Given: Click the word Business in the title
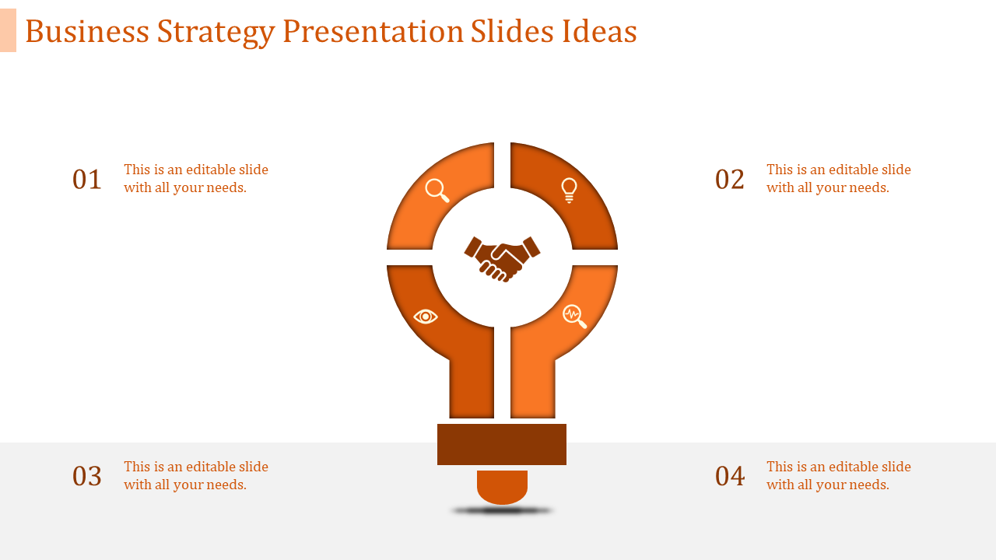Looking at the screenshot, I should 86,32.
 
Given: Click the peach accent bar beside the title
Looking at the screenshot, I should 8,30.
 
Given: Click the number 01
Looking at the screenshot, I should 87,180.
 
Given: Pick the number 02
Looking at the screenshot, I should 730,180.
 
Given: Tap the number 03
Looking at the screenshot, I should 87,476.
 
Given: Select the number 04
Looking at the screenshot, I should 730,476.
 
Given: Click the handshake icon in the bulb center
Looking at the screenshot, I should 502,257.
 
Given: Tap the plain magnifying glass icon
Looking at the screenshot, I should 437,191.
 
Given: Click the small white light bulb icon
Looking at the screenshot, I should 569,190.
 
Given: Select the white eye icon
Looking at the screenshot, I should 426,317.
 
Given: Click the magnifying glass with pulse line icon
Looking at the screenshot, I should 574,316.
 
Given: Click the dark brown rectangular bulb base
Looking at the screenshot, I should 502,444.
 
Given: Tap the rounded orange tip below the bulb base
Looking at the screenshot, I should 502,487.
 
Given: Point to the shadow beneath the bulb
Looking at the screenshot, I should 502,511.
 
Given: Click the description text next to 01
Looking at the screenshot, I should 196,179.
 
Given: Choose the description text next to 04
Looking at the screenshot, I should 838,475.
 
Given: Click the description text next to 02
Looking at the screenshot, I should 838,179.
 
